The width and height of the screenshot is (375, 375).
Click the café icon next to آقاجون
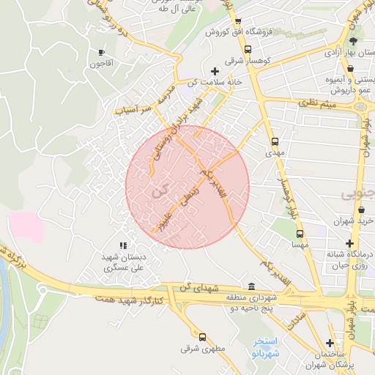pos(101,52)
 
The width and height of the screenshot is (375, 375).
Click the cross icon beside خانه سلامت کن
pos(214,71)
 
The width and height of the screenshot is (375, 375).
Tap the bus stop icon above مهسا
pos(299,234)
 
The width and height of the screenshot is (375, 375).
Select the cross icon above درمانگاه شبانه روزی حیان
pos(351,243)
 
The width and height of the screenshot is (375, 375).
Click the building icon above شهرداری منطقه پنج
pos(252,286)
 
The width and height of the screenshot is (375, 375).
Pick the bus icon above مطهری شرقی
pos(204,338)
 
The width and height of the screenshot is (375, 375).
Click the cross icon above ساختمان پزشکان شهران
pos(330,343)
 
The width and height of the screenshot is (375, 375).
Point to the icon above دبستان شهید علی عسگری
pos(123,245)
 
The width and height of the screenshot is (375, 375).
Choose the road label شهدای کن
pos(203,289)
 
